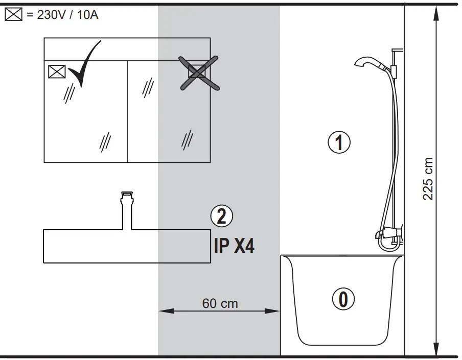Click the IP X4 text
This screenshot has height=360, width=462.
234,247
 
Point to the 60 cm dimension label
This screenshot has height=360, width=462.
220,303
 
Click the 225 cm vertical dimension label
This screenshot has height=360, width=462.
428,179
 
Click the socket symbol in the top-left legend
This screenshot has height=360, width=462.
13,15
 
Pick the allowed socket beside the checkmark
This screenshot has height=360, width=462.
57,71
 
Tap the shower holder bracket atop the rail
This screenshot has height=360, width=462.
395,51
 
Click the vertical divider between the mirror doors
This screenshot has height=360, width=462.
127,111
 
